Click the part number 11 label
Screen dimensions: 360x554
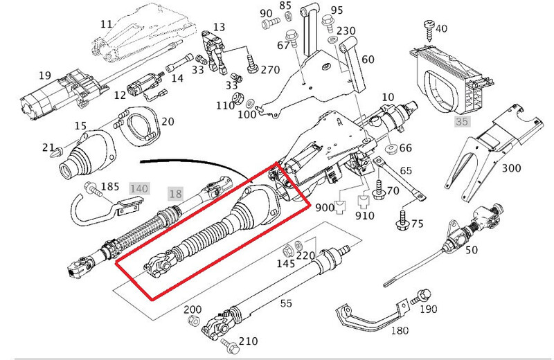pyautogui.click(x=105, y=24)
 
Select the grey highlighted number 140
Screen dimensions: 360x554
pyautogui.click(x=139, y=188)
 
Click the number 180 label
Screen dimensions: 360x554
pyautogui.click(x=400, y=331)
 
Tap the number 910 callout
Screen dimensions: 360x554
pyautogui.click(x=364, y=216)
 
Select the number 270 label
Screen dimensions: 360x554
pyautogui.click(x=271, y=70)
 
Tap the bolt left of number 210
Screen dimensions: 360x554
pyautogui.click(x=227, y=340)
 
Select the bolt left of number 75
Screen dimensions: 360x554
pyautogui.click(x=401, y=221)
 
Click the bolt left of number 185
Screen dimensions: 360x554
pyautogui.click(x=91, y=188)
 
